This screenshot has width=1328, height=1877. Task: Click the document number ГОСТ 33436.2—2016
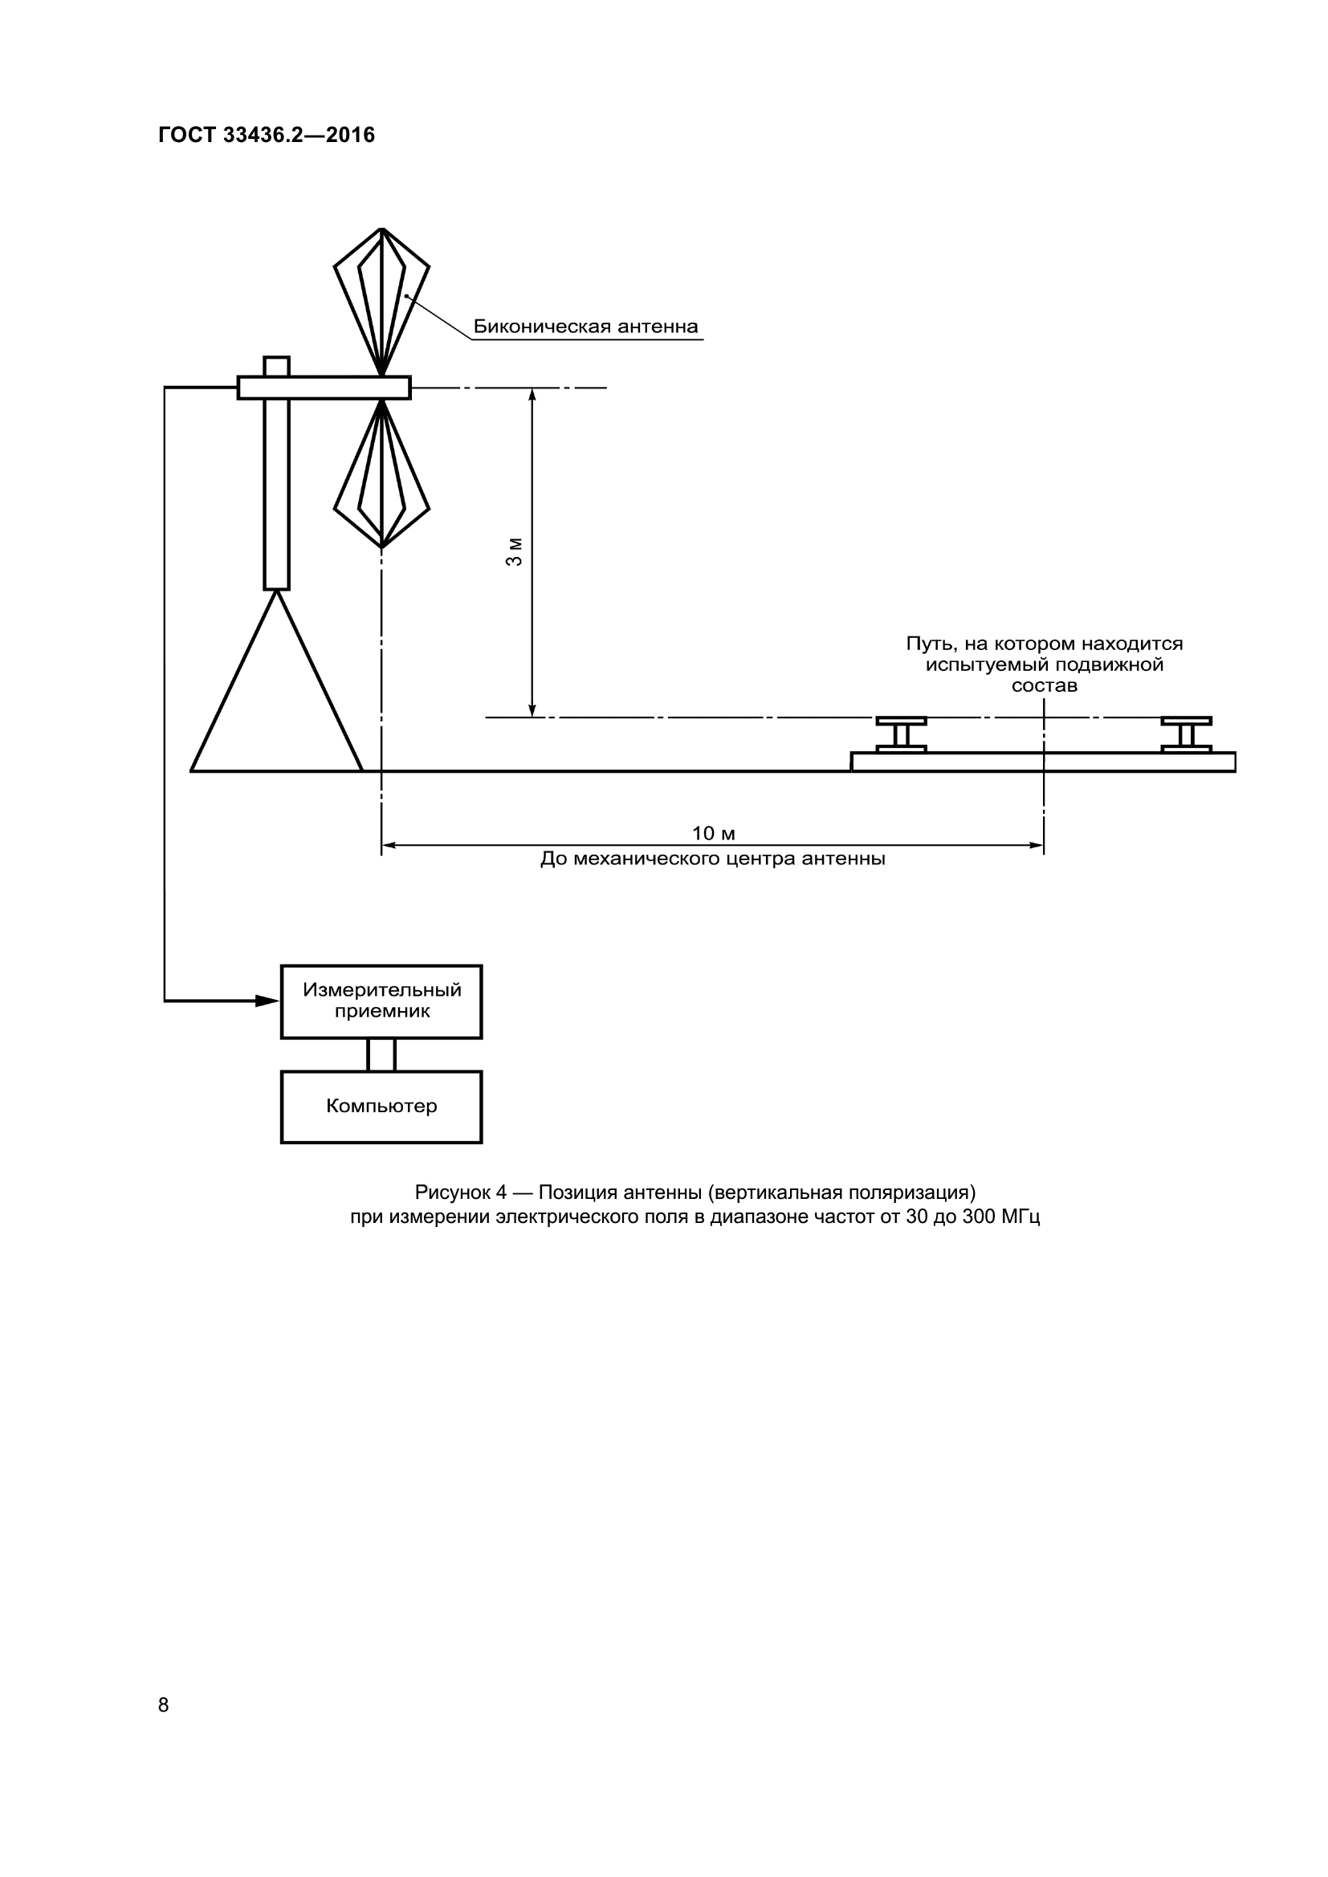tap(267, 135)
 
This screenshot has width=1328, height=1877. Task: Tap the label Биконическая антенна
tap(585, 327)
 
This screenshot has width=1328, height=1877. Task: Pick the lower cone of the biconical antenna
tap(382, 474)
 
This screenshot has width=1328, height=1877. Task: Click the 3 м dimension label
tap(515, 552)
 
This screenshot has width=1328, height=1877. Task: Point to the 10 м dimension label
tap(713, 833)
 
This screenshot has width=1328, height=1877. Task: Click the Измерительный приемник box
tap(381, 1001)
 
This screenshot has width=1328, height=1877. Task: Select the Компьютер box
tap(381, 1106)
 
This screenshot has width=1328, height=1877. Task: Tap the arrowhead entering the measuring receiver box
tap(267, 1001)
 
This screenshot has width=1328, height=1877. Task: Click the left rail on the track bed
tap(901, 735)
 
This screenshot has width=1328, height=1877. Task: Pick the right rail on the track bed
tap(1187, 735)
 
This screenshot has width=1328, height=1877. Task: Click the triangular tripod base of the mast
tap(276, 703)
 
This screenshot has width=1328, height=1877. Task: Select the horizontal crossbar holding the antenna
tap(324, 388)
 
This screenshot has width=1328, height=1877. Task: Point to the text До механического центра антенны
tap(713, 859)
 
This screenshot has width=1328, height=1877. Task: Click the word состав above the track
tap(1045, 686)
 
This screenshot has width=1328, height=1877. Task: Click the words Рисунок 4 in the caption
tap(460, 1192)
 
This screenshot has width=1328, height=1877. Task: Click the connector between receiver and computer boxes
tap(381, 1054)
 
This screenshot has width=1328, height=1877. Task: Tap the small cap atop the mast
tap(276, 366)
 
